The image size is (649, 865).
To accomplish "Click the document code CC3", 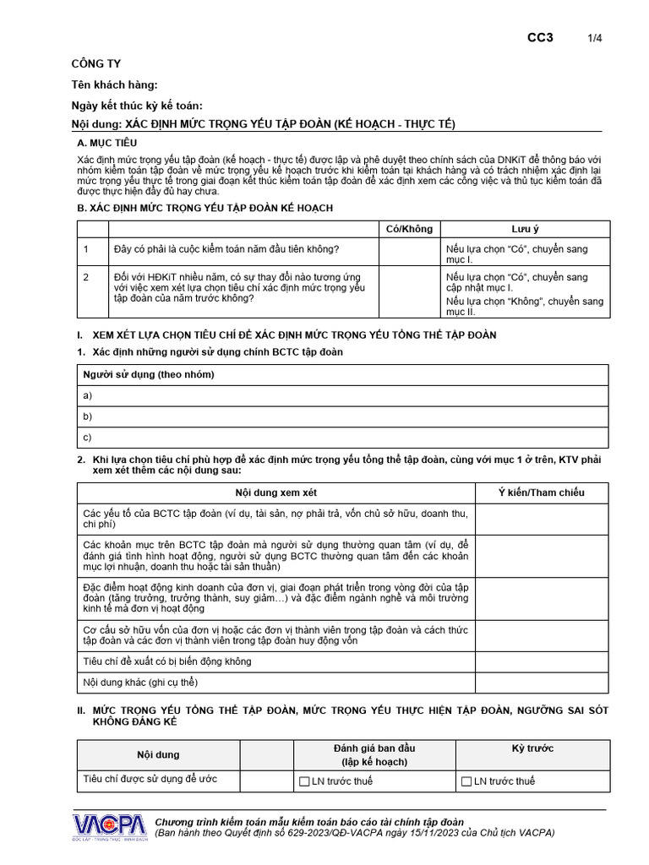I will pyautogui.click(x=540, y=37).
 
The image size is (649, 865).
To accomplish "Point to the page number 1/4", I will pyautogui.click(x=595, y=38).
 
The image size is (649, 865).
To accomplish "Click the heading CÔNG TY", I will pyautogui.click(x=95, y=64).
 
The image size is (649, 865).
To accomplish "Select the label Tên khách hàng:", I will pyautogui.click(x=114, y=84).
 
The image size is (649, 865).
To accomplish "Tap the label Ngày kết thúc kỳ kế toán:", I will pyautogui.click(x=137, y=105).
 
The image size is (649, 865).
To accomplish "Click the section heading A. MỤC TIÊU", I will pyautogui.click(x=106, y=144).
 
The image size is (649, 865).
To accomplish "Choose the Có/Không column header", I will pyautogui.click(x=409, y=229).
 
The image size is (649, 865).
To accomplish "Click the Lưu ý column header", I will pyautogui.click(x=525, y=229).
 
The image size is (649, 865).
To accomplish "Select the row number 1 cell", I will pyautogui.click(x=93, y=250).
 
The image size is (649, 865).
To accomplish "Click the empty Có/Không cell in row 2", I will pyautogui.click(x=409, y=292).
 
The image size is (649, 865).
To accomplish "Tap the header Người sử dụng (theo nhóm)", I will pyautogui.click(x=148, y=374).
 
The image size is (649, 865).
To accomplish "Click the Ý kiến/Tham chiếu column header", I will pyautogui.click(x=542, y=492).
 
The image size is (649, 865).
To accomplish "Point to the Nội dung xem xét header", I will pyautogui.click(x=275, y=492).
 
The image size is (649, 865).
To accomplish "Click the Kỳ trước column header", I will pyautogui.click(x=532, y=748).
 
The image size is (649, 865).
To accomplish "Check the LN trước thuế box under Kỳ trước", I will pyautogui.click(x=466, y=781).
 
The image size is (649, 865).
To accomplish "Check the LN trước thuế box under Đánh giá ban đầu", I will pyautogui.click(x=305, y=781).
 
